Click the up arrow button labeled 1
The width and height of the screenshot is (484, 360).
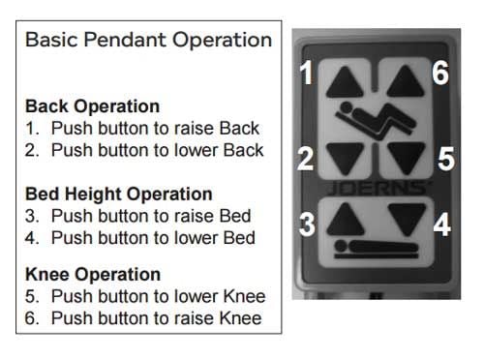point(345,83)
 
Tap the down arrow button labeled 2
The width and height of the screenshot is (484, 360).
point(345,158)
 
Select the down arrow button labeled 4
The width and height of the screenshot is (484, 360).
point(407,219)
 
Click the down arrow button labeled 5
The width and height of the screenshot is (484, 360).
point(407,158)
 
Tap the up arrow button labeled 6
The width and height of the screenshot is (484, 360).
point(406,81)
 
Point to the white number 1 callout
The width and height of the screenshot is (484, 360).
point(306,73)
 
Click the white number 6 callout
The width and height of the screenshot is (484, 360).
point(440,73)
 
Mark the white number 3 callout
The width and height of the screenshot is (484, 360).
point(307,224)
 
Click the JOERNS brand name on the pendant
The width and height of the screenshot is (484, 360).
point(378,189)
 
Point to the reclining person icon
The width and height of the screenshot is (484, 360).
point(376,120)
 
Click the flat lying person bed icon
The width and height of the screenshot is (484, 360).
point(377,249)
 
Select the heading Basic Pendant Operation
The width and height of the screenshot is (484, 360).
point(148,40)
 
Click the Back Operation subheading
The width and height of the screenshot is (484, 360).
point(92,106)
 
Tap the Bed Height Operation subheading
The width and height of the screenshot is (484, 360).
point(119,194)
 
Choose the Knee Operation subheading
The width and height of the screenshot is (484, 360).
point(93,274)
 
